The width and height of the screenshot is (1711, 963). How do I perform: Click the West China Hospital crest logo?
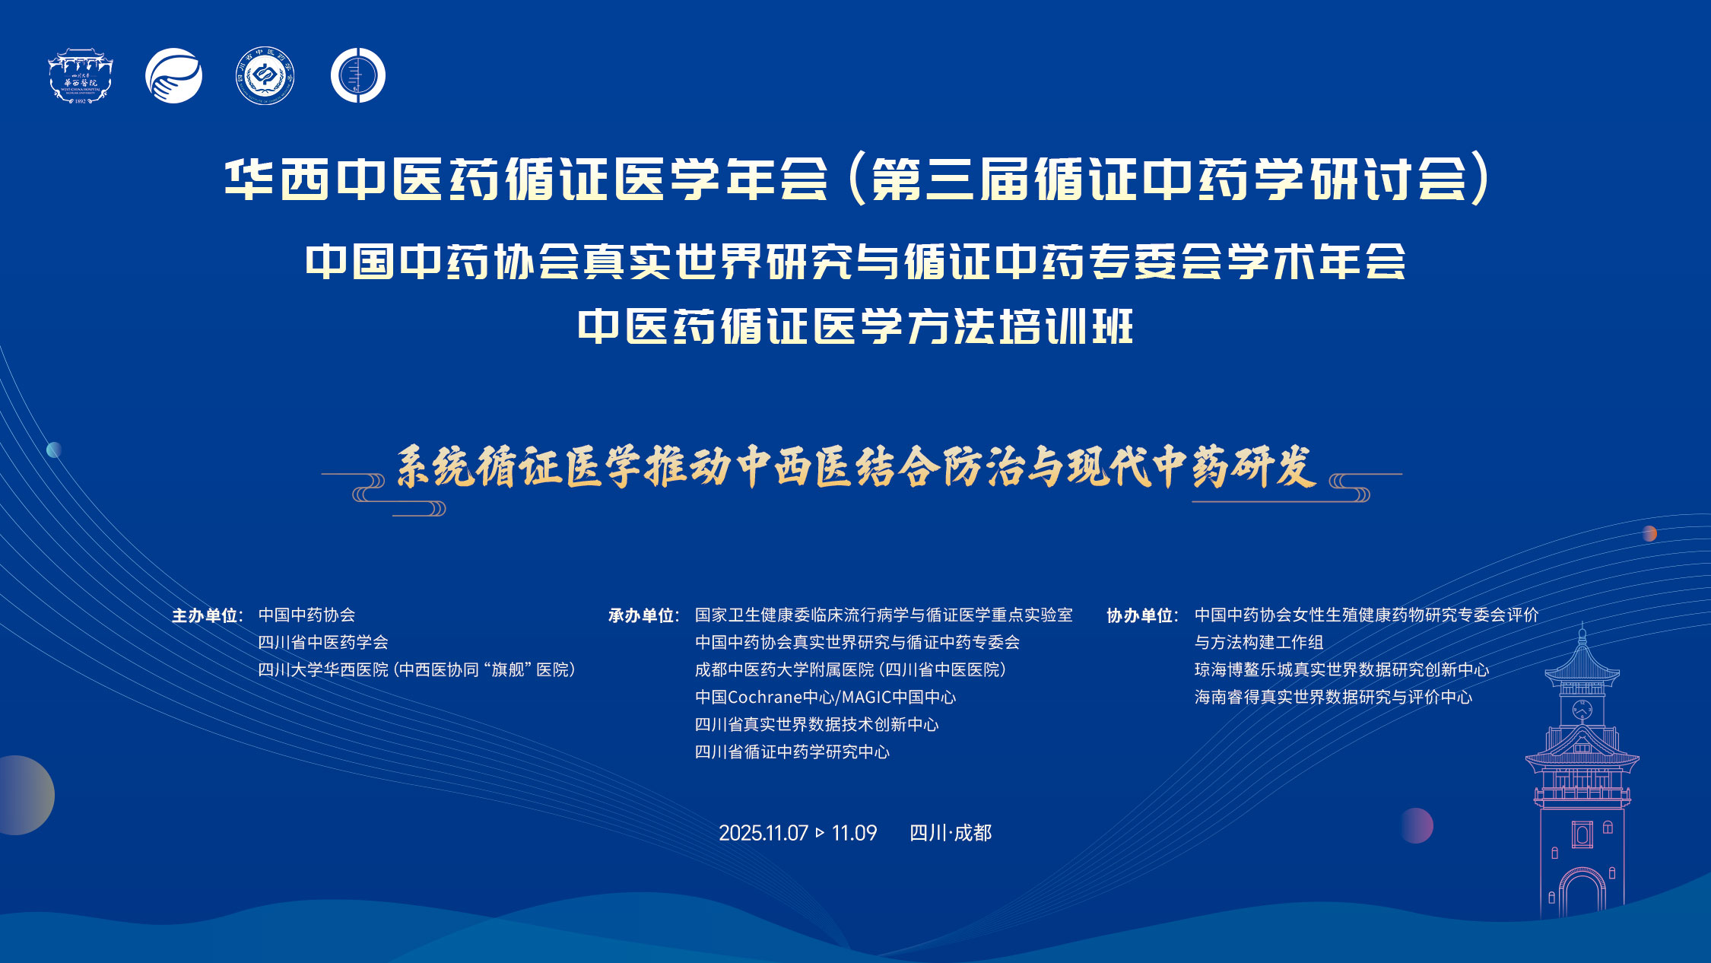[81, 76]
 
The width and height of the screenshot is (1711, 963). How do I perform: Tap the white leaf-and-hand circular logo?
[174, 76]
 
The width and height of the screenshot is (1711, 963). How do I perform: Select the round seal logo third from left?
[265, 76]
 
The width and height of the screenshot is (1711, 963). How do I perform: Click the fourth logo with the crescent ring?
[358, 75]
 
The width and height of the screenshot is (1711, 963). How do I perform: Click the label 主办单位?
[205, 615]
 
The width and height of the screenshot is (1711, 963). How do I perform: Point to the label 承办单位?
[642, 615]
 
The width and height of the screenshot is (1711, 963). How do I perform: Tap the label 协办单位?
[1141, 615]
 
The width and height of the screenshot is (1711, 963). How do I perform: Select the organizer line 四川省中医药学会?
[323, 643]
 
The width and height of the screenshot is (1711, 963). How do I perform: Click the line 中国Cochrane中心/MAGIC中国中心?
[825, 698]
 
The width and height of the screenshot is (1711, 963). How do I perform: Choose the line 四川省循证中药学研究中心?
[792, 752]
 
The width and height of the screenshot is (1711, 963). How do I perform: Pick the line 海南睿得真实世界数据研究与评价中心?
[1333, 698]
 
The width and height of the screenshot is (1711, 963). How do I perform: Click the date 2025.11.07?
[763, 833]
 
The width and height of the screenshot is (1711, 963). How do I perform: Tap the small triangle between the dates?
[820, 833]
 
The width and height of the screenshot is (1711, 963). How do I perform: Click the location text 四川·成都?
[951, 833]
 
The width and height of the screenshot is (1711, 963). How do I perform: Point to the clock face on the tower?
[1582, 710]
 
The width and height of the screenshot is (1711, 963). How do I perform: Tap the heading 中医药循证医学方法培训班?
[855, 327]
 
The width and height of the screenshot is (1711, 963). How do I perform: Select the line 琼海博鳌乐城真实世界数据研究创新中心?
[1341, 670]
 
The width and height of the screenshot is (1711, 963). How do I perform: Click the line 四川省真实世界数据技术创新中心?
[817, 725]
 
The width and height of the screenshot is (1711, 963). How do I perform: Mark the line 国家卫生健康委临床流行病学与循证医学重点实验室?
[884, 615]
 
